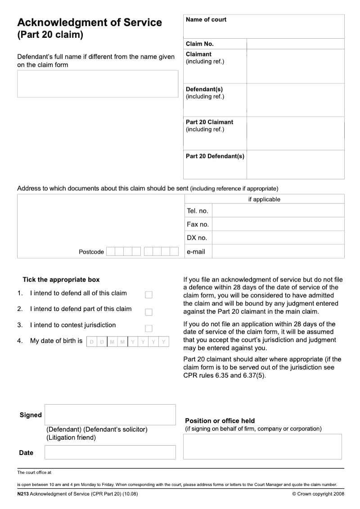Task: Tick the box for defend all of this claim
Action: [148, 295]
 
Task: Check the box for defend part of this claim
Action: [148, 312]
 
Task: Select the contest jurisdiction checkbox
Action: [148, 328]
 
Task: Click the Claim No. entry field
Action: [295, 44]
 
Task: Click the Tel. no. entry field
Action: [278, 211]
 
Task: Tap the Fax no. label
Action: [198, 224]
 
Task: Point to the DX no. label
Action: [197, 238]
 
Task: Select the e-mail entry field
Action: [278, 252]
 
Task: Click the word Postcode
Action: [91, 252]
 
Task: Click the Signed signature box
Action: [110, 414]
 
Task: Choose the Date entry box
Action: [110, 452]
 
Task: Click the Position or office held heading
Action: [220, 421]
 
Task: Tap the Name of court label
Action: [206, 20]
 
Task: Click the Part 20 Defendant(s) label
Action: [215, 157]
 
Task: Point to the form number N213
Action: [22, 494]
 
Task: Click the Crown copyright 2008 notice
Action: [318, 494]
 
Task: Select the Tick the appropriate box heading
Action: [61, 279]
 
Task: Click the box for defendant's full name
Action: [98, 84]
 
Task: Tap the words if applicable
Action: [264, 199]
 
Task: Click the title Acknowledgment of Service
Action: [90, 23]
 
